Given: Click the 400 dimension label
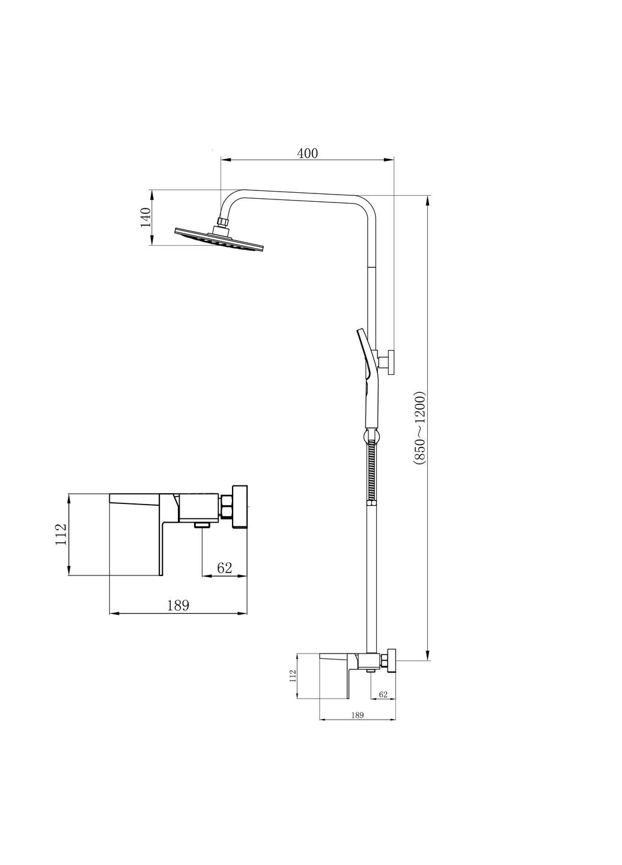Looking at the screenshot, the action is (308, 153).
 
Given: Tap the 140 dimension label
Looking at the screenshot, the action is (145, 217).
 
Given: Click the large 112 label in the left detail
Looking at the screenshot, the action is (61, 535).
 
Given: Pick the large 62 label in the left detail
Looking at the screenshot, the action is (224, 568).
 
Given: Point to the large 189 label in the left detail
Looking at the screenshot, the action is (178, 605).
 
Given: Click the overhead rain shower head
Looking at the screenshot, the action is (219, 240).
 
